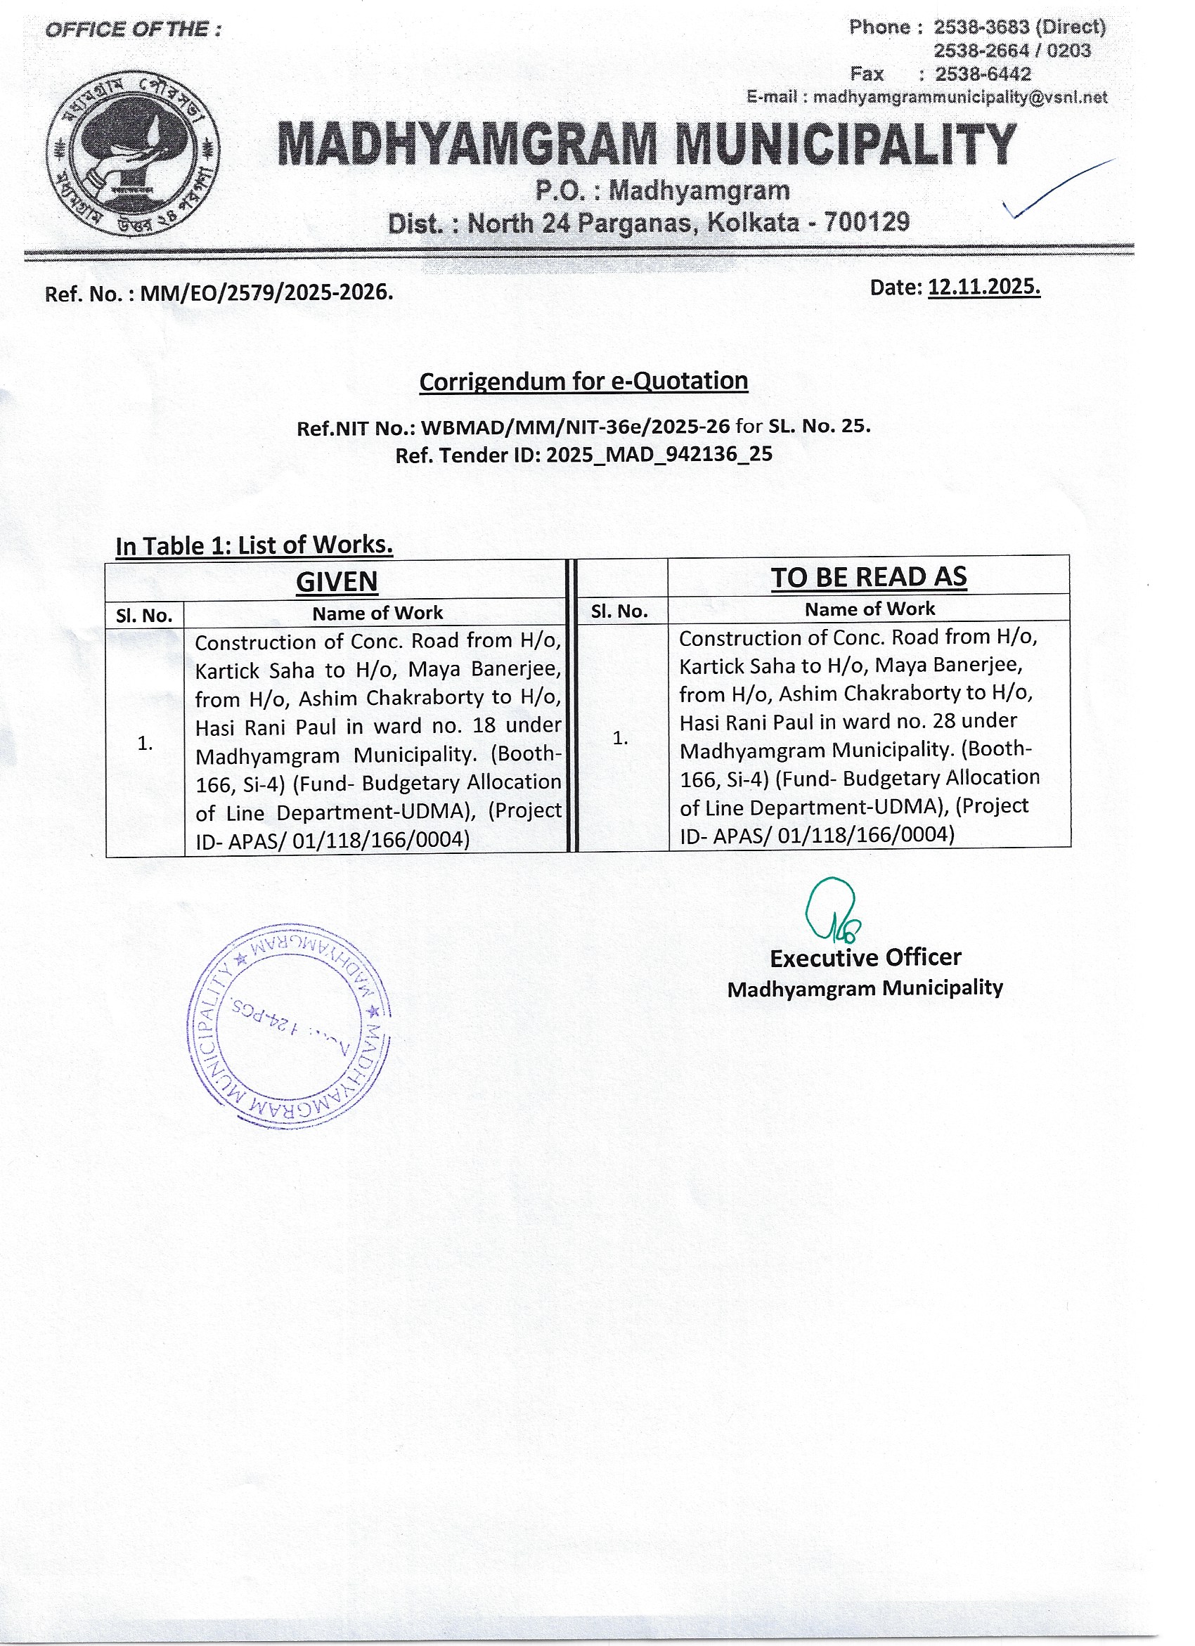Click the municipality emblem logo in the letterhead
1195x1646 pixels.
133,152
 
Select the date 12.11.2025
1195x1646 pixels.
983,287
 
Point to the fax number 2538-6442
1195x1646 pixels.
983,74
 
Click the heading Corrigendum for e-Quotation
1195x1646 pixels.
583,382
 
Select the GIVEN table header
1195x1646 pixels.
337,581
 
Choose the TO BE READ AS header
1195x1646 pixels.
868,577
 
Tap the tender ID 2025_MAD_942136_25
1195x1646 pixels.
659,455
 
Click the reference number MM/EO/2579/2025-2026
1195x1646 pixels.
266,293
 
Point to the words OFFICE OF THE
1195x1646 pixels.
133,30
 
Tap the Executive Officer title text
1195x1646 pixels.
865,958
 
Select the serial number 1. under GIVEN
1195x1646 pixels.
146,743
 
